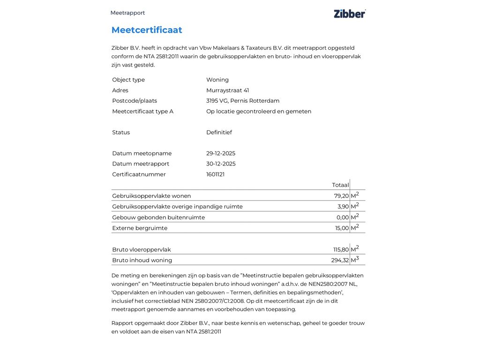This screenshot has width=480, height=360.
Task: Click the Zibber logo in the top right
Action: pyautogui.click(x=349, y=14)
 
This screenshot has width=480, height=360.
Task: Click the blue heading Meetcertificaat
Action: pyautogui.click(x=147, y=30)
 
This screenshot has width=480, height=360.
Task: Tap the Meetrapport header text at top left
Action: pyautogui.click(x=127, y=13)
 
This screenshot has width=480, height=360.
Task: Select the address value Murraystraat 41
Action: pyautogui.click(x=227, y=90)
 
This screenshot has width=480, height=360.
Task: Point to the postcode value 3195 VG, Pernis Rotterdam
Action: pyautogui.click(x=242, y=101)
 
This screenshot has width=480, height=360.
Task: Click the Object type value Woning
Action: pyautogui.click(x=217, y=80)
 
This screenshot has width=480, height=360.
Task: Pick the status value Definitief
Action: pyautogui.click(x=219, y=132)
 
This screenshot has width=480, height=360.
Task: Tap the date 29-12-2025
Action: pyautogui.click(x=221, y=153)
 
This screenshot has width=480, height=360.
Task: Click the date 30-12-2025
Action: pyautogui.click(x=221, y=164)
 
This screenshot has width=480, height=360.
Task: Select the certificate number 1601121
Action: pyautogui.click(x=215, y=174)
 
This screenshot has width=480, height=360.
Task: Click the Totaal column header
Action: pyautogui.click(x=340, y=185)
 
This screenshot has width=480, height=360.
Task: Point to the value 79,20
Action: pyautogui.click(x=341, y=196)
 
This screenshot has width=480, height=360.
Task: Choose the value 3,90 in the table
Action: pyautogui.click(x=343, y=207)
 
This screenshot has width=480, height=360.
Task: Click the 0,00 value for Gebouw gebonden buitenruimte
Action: pyautogui.click(x=343, y=217)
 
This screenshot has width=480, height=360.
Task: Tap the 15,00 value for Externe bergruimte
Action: pyautogui.click(x=342, y=228)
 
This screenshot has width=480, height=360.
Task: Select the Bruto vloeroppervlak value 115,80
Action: pyautogui.click(x=341, y=250)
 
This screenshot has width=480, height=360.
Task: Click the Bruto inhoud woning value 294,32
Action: pyautogui.click(x=340, y=261)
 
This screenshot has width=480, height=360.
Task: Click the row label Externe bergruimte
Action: pyautogui.click(x=140, y=228)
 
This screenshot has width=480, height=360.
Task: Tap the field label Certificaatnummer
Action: pyautogui.click(x=139, y=174)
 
